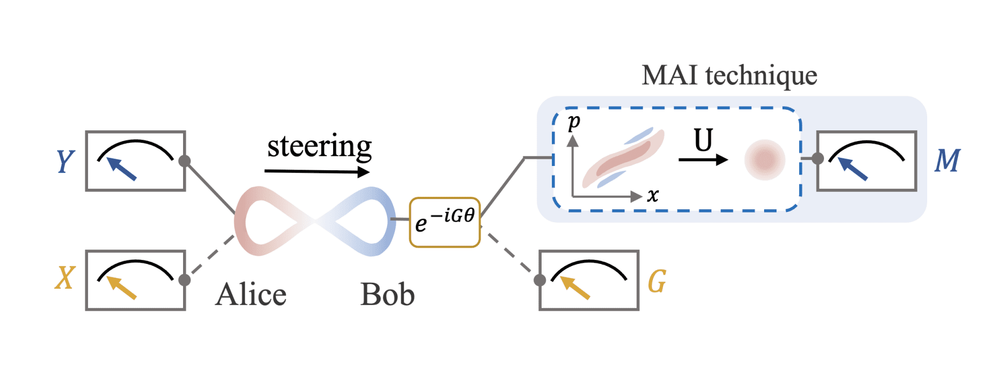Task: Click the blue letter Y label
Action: [x=65, y=161]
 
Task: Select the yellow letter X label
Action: [x=65, y=278]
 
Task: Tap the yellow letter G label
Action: [x=657, y=281]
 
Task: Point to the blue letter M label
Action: [x=947, y=161]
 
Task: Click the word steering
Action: [x=319, y=147]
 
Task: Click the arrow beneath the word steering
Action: [x=317, y=172]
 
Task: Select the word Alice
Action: [x=251, y=295]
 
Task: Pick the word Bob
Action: [x=387, y=295]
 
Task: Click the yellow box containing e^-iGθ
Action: [x=444, y=222]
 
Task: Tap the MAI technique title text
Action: [x=729, y=75]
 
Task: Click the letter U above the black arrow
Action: [x=703, y=141]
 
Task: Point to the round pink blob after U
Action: [x=765, y=159]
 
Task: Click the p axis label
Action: [x=574, y=122]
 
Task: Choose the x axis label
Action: [x=653, y=195]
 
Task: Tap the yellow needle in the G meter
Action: [x=575, y=288]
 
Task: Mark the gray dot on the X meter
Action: [x=185, y=279]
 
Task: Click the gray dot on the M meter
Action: [x=818, y=158]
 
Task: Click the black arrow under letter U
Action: [x=703, y=159]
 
